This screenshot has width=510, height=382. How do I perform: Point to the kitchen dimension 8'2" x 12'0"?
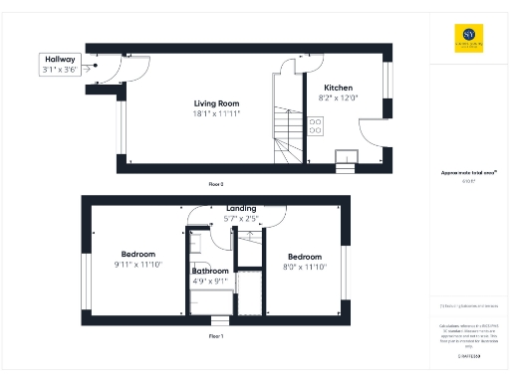tap(334, 98)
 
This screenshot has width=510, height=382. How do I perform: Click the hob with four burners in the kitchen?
tap(316, 125)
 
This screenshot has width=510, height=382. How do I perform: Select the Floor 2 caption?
tap(216, 184)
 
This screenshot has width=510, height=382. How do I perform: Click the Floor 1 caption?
tap(216, 336)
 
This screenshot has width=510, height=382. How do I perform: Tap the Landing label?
tap(241, 207)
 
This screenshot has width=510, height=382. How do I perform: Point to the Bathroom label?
tap(210, 271)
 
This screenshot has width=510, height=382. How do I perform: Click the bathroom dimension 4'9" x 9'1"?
tap(210, 281)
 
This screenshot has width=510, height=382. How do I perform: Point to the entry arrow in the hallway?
tap(92, 69)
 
